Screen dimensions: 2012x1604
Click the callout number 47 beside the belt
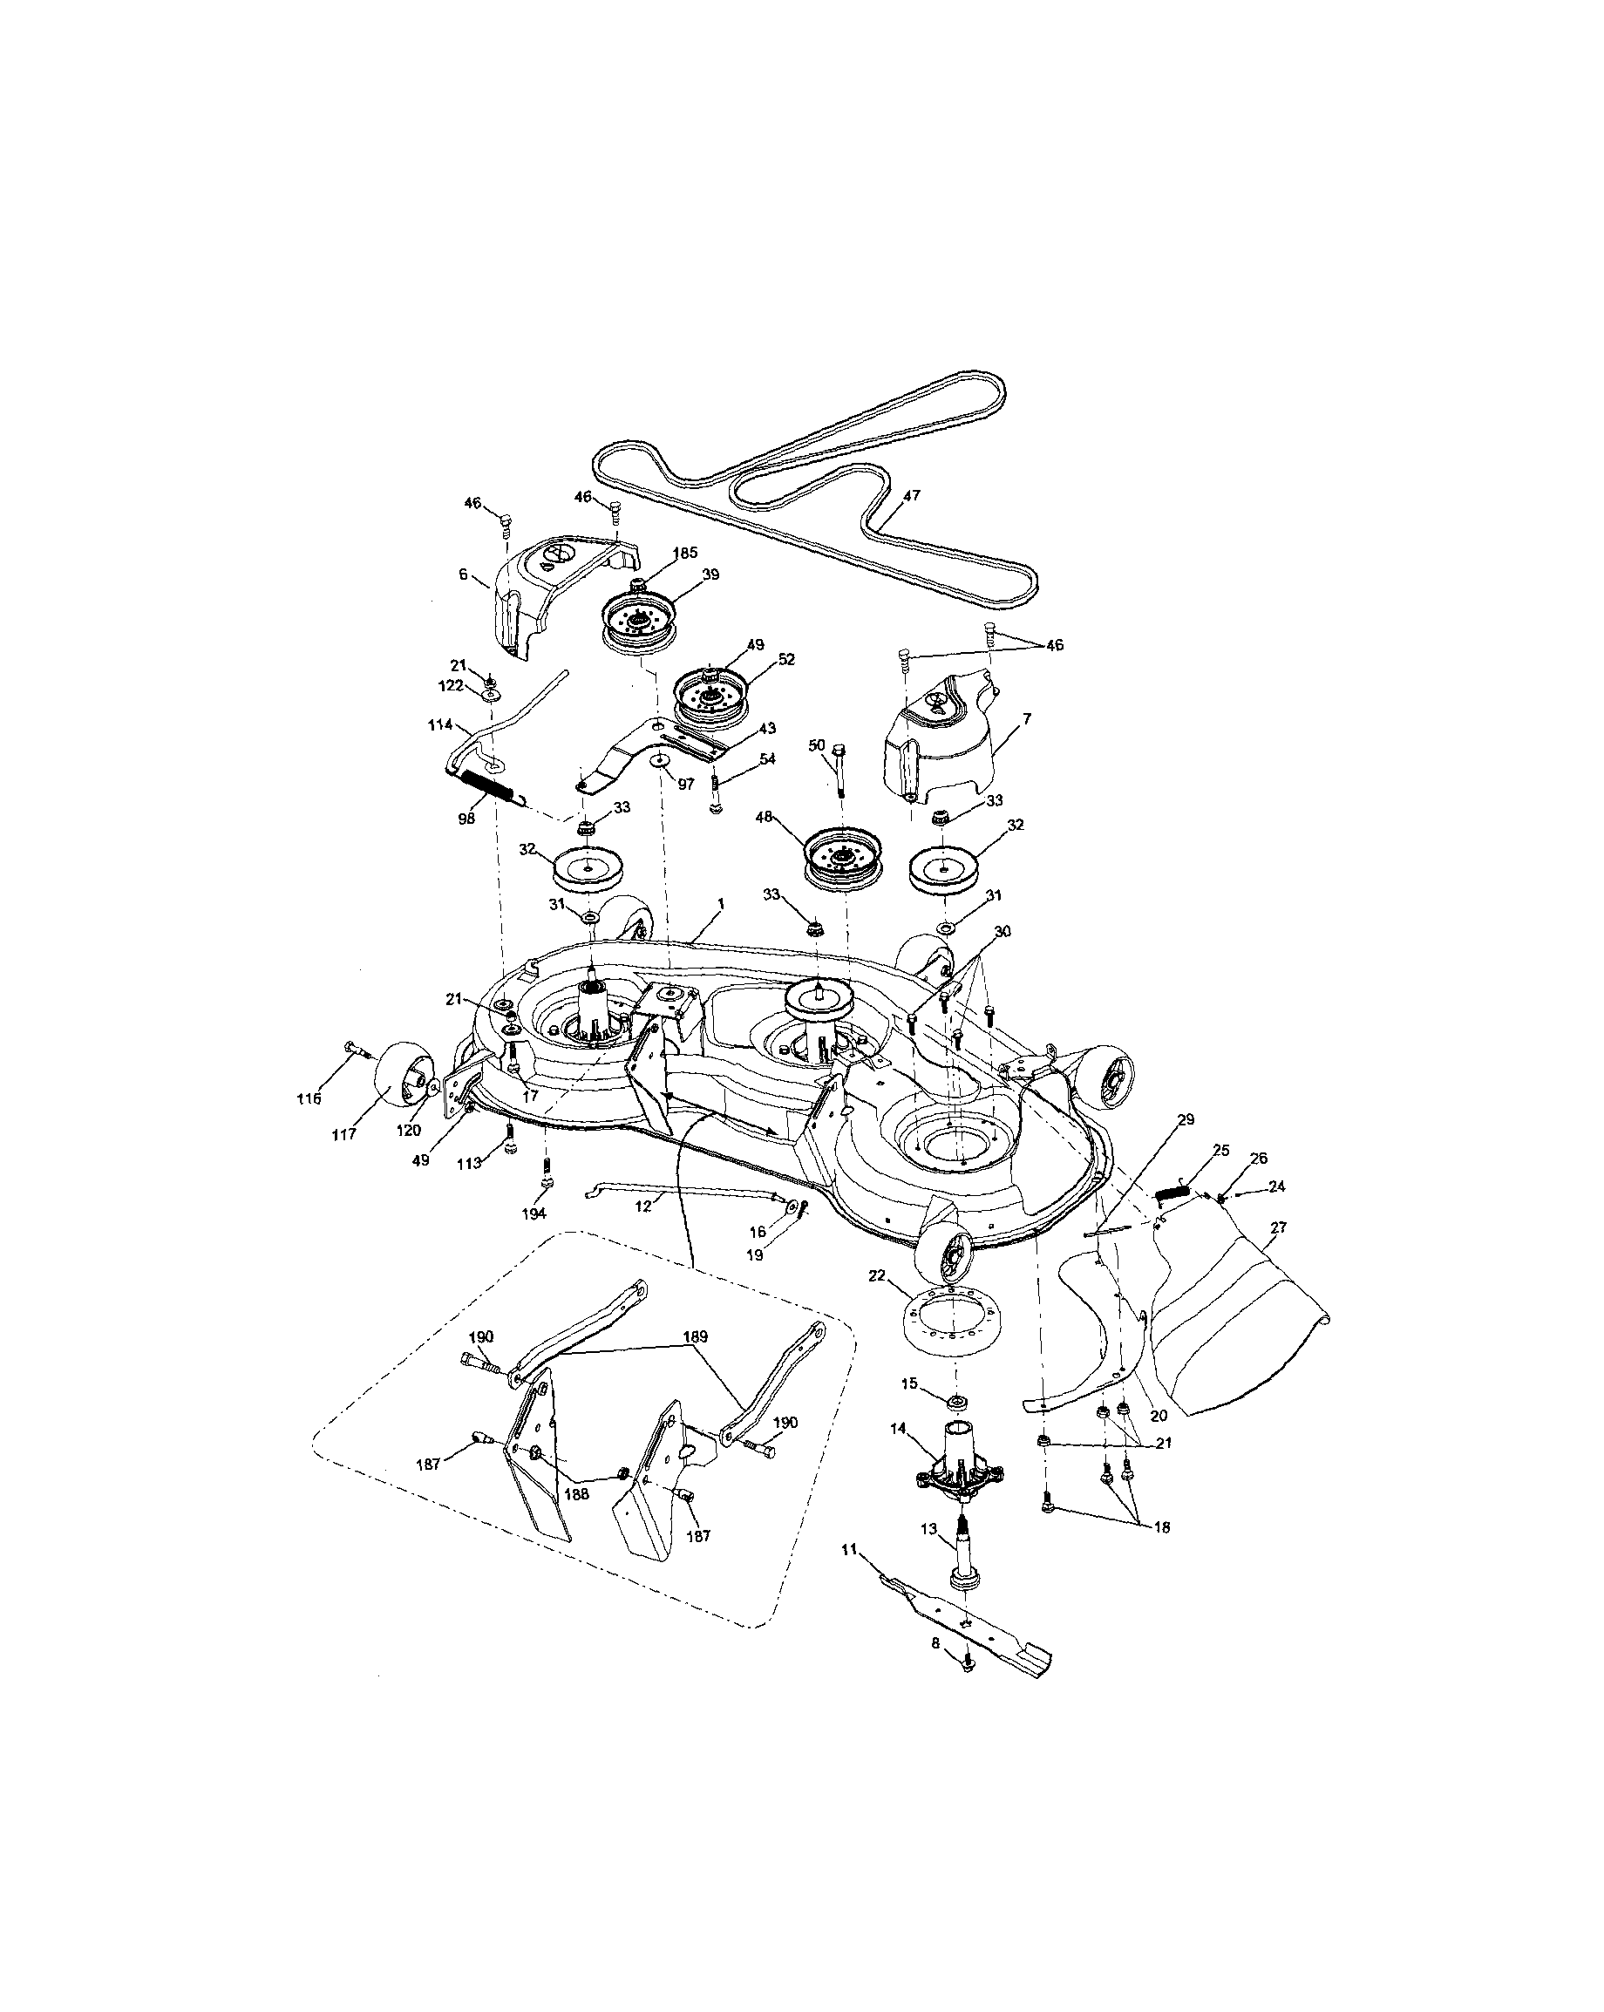912,495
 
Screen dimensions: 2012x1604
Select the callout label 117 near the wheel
343,1134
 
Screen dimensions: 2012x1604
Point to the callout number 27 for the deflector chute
1277,1227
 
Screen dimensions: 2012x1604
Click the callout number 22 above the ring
876,1275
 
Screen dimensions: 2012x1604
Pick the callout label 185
685,553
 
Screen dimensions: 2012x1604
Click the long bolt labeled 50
839,766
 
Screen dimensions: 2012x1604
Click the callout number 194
534,1213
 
